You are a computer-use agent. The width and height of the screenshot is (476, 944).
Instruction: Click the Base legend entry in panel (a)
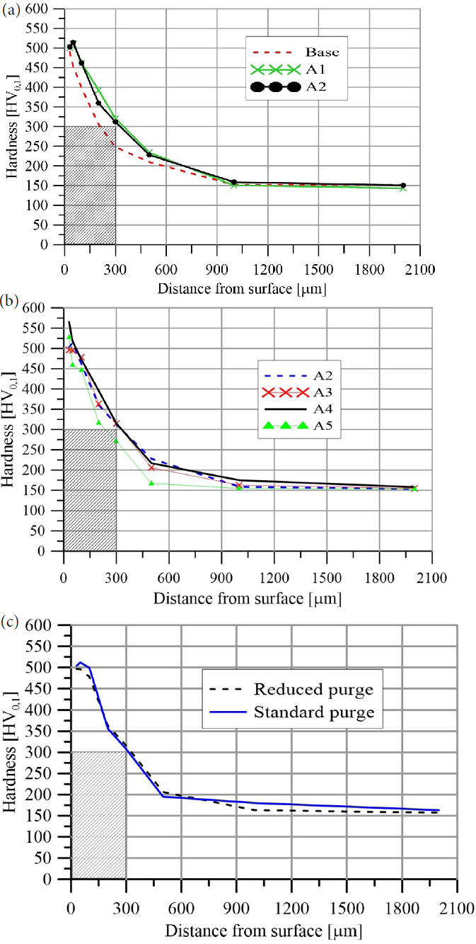coord(322,52)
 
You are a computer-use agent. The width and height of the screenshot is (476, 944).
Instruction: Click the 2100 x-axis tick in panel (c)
coord(456,908)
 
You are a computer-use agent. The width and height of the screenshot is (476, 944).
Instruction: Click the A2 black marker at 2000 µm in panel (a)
coord(403,186)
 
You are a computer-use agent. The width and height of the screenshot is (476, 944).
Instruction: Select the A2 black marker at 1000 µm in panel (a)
coord(234,182)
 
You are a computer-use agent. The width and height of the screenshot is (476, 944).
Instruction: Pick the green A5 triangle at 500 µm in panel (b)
coord(151,483)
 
